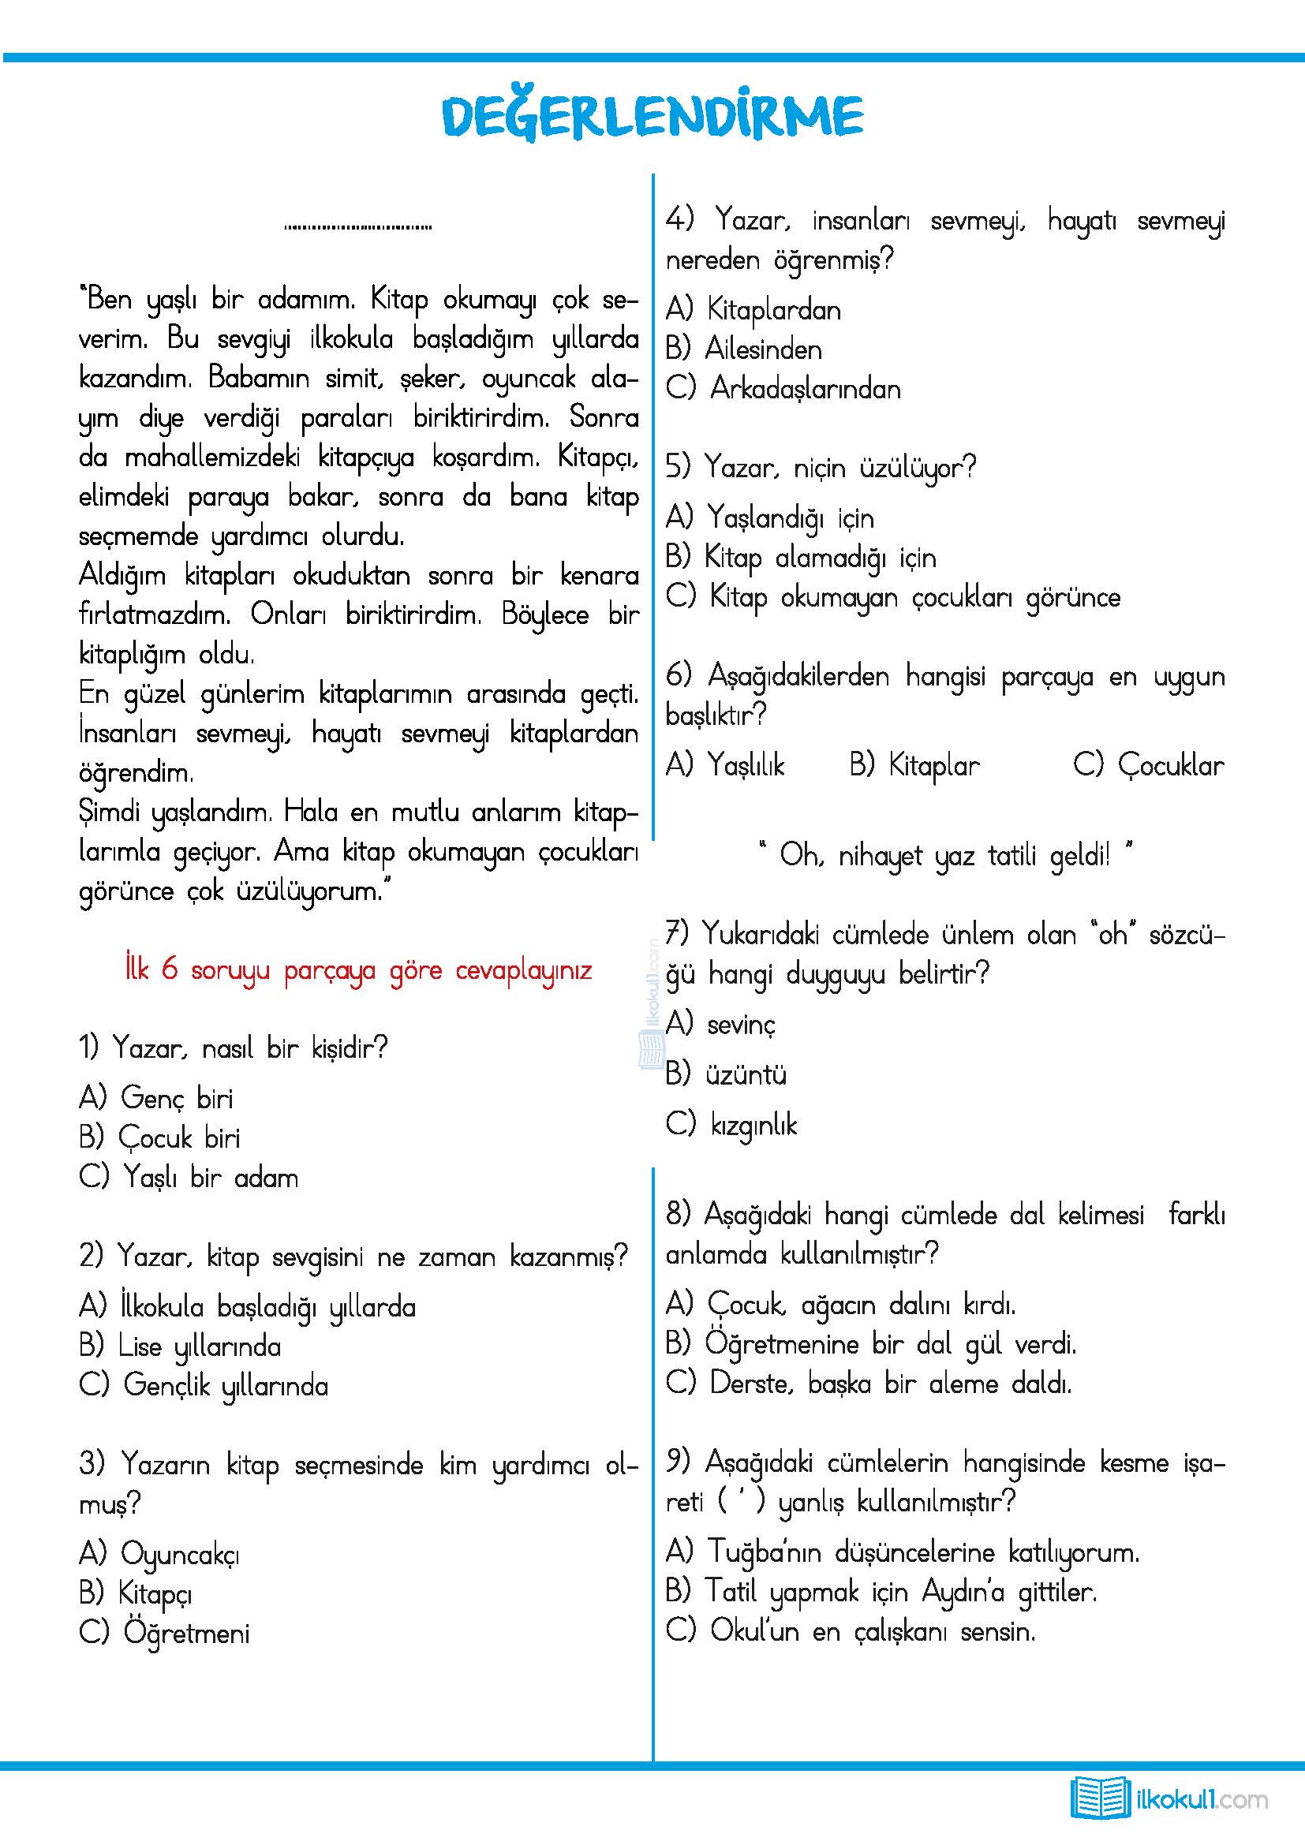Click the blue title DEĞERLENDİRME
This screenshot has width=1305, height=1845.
tap(652, 118)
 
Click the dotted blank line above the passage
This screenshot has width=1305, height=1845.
tap(357, 227)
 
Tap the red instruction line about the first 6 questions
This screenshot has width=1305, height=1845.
tap(358, 971)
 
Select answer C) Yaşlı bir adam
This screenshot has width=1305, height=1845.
tap(189, 1178)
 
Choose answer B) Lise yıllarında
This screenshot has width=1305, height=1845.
tap(180, 1347)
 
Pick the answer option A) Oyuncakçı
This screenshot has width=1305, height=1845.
tap(159, 1555)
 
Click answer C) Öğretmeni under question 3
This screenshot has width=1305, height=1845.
tap(165, 1634)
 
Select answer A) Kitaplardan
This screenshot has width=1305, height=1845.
tap(753, 310)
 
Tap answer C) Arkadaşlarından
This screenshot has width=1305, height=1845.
tap(783, 390)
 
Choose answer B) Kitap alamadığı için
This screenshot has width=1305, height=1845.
tap(801, 558)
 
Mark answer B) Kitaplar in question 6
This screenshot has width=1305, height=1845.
tap(914, 766)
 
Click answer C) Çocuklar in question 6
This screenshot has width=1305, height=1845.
tap(1148, 766)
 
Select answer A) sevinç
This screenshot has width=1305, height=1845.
tap(721, 1025)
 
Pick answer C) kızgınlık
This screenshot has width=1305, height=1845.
tap(731, 1125)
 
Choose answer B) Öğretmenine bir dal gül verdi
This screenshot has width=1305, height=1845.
tap(871, 1344)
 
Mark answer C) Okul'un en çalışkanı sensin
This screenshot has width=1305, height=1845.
tap(851, 1632)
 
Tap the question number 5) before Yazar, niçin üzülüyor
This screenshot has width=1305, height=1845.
tap(679, 467)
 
